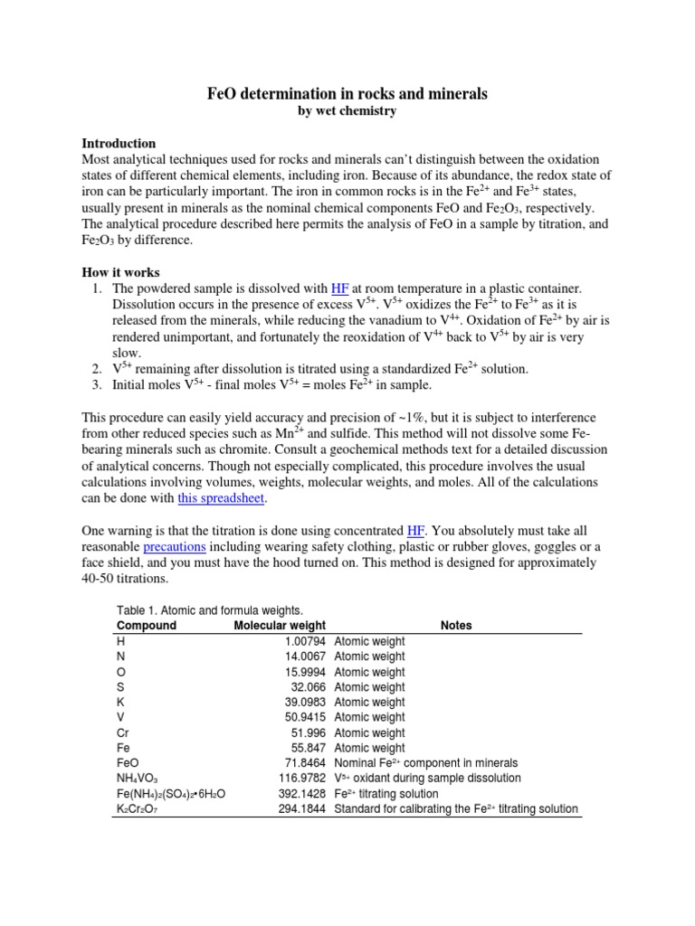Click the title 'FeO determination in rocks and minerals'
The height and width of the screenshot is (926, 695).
[347, 94]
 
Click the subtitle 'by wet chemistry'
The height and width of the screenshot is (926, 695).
[347, 111]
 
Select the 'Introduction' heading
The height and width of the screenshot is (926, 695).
[119, 143]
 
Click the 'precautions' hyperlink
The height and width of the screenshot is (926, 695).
[175, 547]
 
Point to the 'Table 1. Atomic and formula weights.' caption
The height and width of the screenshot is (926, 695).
[207, 609]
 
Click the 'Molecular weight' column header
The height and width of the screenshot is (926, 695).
[280, 625]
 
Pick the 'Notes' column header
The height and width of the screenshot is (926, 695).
[456, 625]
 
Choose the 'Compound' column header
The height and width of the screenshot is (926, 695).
[147, 625]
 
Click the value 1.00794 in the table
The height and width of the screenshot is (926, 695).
[303, 641]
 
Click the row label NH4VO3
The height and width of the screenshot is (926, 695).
[138, 779]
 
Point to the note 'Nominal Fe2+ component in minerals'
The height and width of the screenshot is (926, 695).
[426, 763]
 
